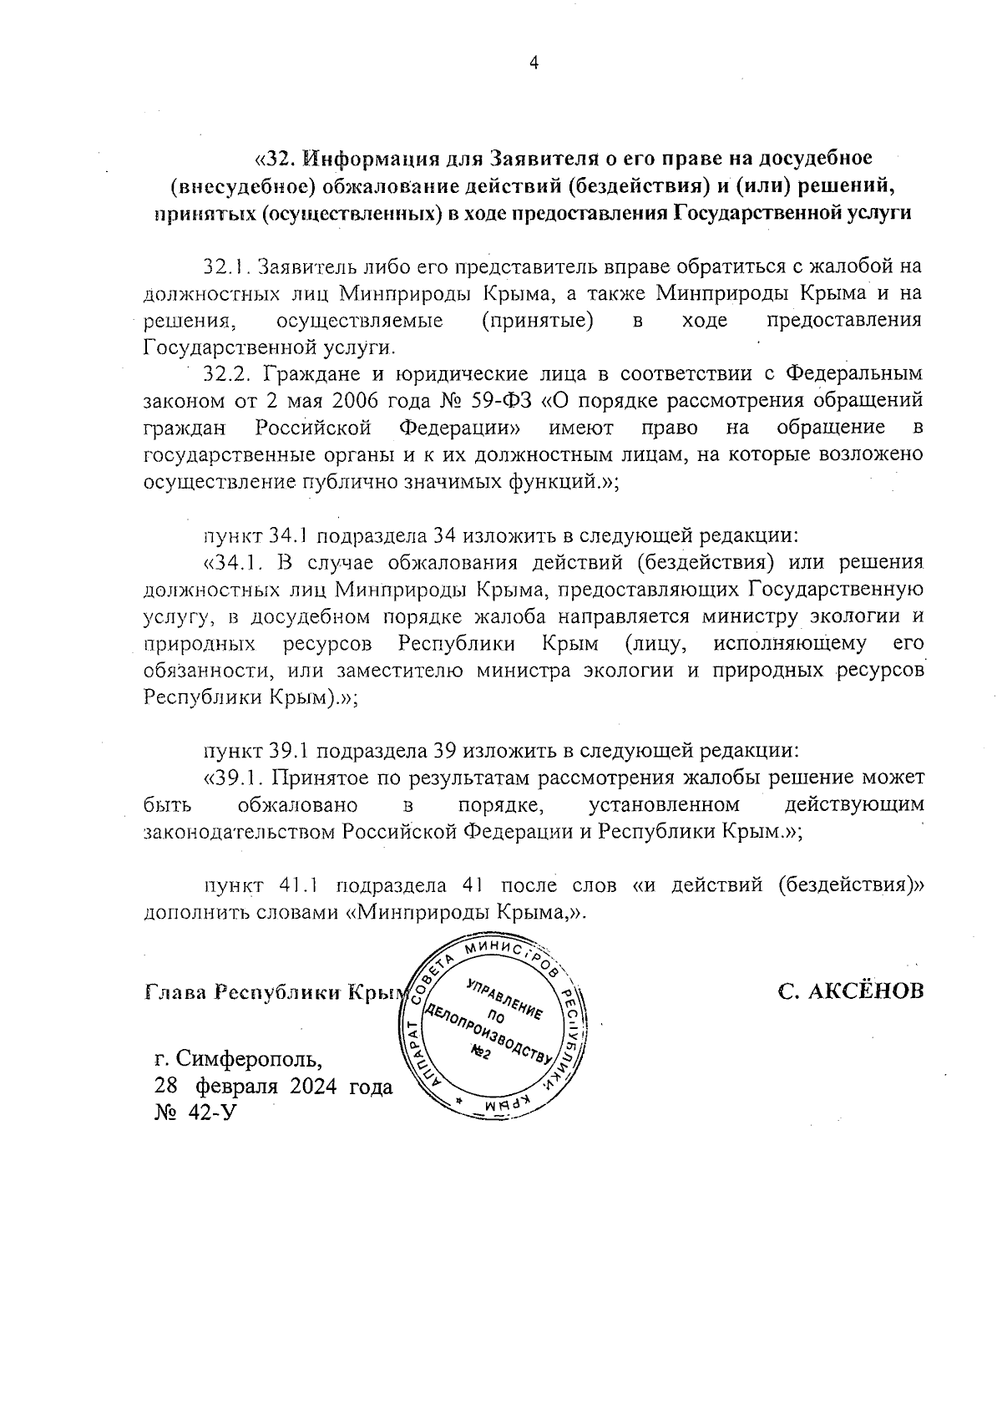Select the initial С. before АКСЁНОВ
(x=790, y=992)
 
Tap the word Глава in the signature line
(x=175, y=992)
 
